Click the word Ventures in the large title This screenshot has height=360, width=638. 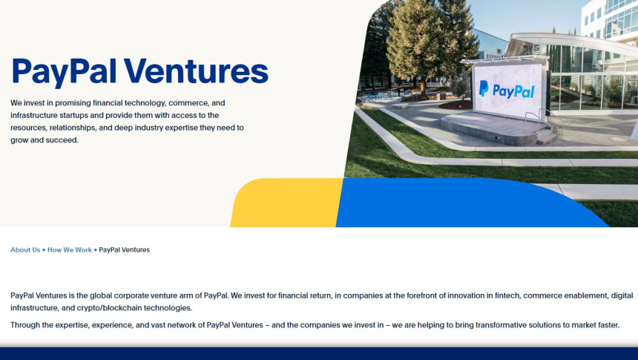(x=196, y=71)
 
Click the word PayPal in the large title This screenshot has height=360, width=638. (x=64, y=73)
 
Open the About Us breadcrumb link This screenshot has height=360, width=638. (x=25, y=249)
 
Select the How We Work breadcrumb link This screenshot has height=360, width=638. (x=70, y=249)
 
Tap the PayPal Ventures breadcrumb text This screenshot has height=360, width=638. (x=124, y=249)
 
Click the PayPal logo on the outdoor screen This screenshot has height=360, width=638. (x=507, y=90)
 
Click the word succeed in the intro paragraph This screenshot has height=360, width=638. (x=61, y=140)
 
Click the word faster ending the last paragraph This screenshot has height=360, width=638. (x=610, y=325)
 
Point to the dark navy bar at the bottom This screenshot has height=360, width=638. (x=319, y=353)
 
